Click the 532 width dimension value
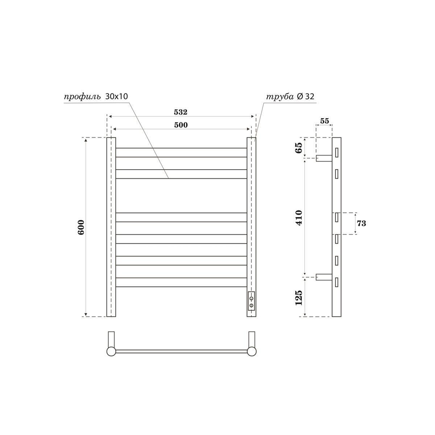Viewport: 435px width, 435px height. pos(181,112)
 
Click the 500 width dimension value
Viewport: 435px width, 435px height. pos(181,125)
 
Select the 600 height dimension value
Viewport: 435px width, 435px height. pos(81,227)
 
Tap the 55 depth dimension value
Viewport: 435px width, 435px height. pos(324,121)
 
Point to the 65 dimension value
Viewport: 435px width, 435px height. pos(298,147)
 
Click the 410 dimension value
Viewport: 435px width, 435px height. pos(298,217)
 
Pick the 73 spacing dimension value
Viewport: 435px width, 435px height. pos(361,224)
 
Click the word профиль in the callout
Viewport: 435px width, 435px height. pos(83,97)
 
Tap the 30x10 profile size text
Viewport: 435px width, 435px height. pos(116,97)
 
